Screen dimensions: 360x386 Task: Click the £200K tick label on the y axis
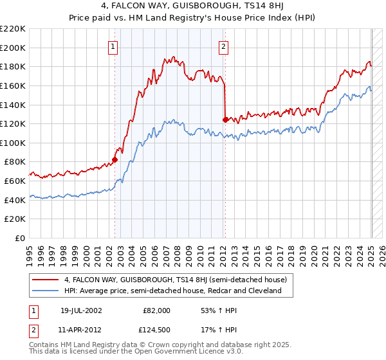tap(13, 48)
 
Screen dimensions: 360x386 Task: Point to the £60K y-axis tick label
tap(15, 181)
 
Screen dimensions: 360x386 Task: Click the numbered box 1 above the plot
tap(113, 46)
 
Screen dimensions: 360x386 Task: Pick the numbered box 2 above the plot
tap(223, 46)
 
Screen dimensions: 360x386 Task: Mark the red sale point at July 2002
tap(115, 160)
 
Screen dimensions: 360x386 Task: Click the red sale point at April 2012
tap(225, 120)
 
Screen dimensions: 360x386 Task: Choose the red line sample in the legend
tap(44, 280)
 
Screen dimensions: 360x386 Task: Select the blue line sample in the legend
tap(44, 291)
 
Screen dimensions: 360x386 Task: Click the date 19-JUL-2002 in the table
tap(81, 310)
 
